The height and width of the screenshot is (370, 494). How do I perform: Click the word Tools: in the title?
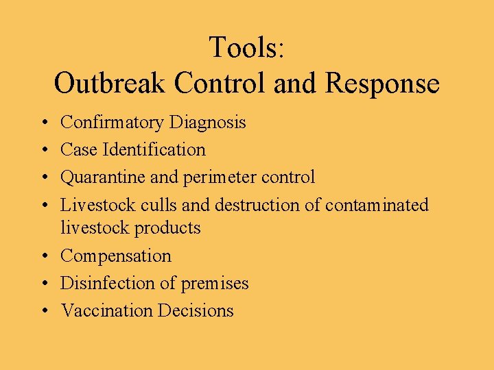click(246, 48)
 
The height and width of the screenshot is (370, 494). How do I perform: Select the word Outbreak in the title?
click(110, 84)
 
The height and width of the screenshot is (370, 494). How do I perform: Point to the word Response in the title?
click(383, 84)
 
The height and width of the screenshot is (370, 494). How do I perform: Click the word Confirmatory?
click(112, 123)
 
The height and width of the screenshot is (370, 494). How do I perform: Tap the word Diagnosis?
click(207, 123)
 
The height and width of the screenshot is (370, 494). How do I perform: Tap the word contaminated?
click(377, 205)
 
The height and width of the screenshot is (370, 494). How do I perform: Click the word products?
click(167, 227)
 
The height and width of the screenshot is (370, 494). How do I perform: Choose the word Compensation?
click(116, 256)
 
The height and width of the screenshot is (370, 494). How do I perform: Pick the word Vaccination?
click(107, 310)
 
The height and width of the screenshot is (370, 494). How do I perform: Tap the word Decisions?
click(196, 310)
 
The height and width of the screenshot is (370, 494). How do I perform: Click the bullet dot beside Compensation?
click(44, 256)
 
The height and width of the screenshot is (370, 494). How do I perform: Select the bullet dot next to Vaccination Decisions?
click(44, 311)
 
